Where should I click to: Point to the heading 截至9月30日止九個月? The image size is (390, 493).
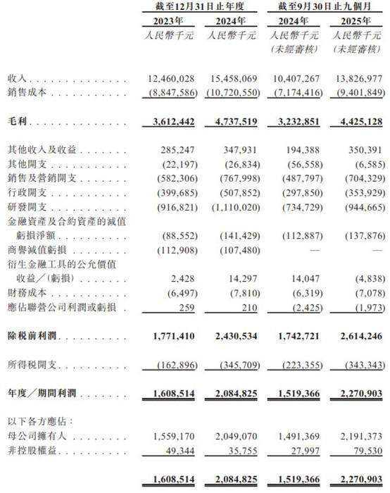326,6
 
